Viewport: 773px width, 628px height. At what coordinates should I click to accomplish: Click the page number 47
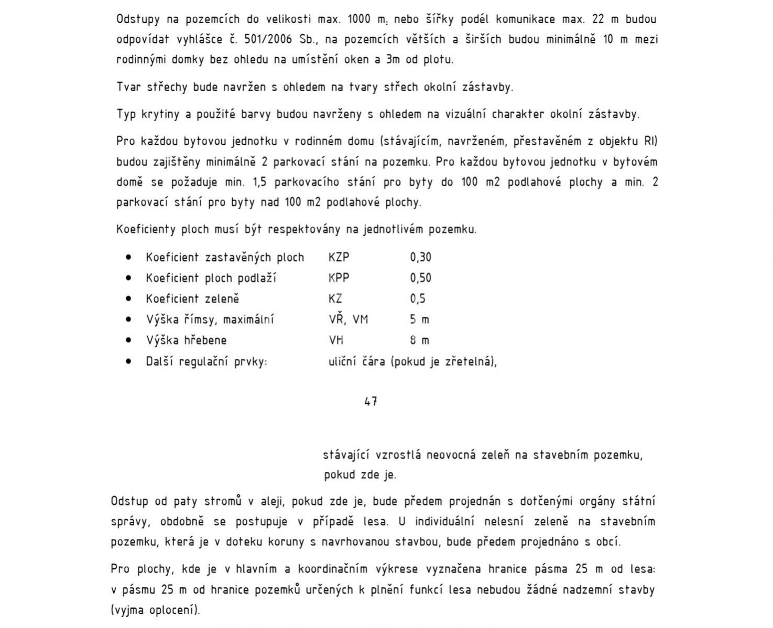tap(371, 402)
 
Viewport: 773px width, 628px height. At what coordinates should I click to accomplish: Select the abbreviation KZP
tap(339, 257)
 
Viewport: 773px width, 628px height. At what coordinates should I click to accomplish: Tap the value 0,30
tap(421, 257)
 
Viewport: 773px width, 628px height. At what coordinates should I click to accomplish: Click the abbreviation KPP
tap(339, 278)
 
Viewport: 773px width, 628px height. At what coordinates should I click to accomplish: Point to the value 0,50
tap(421, 278)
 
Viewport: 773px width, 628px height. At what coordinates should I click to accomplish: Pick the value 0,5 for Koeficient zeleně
tap(418, 299)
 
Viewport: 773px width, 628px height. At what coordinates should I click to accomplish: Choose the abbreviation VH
tap(336, 340)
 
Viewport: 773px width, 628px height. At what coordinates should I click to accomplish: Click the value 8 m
tap(419, 340)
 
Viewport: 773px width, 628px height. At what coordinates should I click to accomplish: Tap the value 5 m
tap(419, 319)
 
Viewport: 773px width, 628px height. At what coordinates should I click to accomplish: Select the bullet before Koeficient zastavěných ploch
tap(129, 258)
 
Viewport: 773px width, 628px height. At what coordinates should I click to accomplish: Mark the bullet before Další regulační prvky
tap(129, 361)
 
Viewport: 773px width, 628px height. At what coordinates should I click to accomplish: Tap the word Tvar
tap(128, 87)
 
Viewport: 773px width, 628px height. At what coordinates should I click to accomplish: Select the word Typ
tap(126, 114)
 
